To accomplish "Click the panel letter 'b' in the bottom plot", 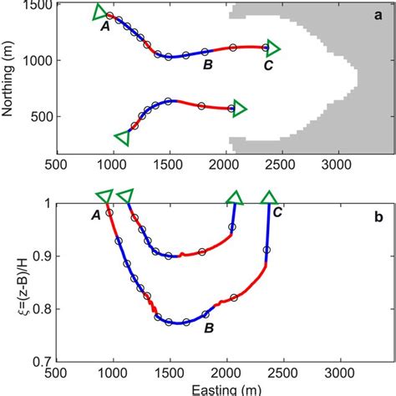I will pos(378,219).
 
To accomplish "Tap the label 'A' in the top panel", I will pos(105,28).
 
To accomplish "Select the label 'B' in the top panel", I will pos(208,65).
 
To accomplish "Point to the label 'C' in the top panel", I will pos(267,65).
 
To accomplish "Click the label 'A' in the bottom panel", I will pos(96,216).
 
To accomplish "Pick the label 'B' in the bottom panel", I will pos(209,328).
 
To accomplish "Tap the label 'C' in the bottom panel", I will pos(277,213).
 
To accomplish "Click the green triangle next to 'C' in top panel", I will pos(272,48).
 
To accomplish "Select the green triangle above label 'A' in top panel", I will pos(99,11).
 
